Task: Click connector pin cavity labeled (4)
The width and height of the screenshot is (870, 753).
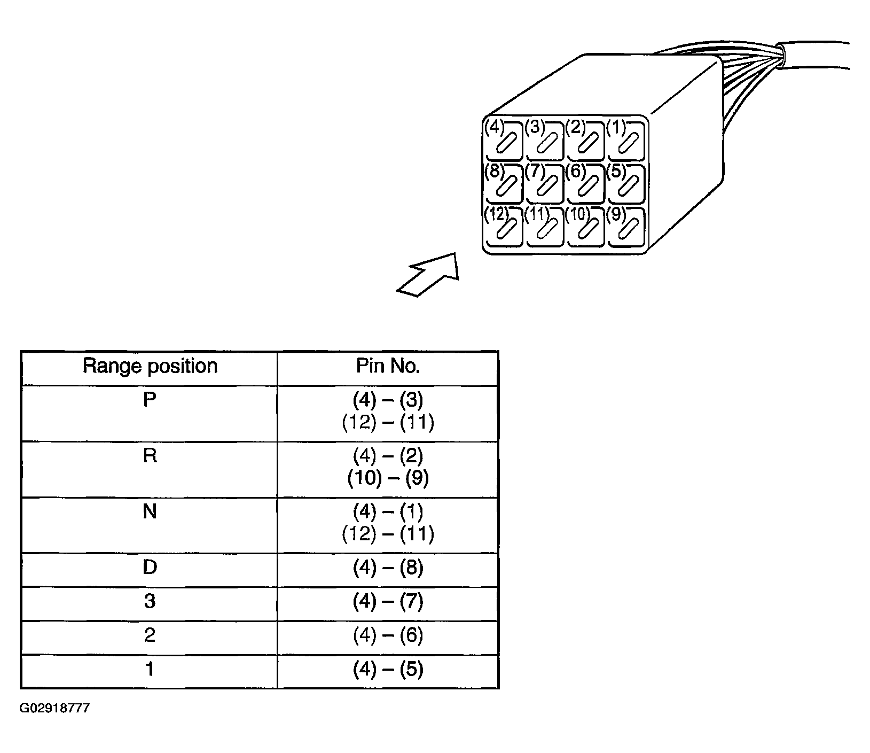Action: [504, 141]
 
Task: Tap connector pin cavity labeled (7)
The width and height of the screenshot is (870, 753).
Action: [544, 184]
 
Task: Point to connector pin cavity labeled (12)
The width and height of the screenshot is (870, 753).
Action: [504, 227]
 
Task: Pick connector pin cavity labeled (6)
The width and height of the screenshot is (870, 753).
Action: [585, 184]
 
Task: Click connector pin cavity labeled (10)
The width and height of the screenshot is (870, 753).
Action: [585, 227]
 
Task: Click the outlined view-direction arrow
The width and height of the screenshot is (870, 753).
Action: [428, 274]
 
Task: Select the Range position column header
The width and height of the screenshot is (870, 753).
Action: [150, 366]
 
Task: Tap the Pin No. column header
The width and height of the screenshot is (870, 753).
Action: [388, 366]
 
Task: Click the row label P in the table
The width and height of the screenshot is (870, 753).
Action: [150, 400]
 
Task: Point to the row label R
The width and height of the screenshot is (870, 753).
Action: [150, 456]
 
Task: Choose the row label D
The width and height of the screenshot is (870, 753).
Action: [150, 567]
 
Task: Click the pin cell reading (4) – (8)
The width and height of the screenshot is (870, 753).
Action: [388, 568]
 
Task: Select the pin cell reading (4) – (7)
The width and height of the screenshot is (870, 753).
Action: [388, 602]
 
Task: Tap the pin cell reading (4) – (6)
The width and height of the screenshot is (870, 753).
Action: [388, 635]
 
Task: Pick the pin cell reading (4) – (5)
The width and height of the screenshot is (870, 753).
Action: [388, 670]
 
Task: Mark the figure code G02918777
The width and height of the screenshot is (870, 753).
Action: [55, 709]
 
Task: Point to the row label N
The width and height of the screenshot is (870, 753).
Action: [150, 512]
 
